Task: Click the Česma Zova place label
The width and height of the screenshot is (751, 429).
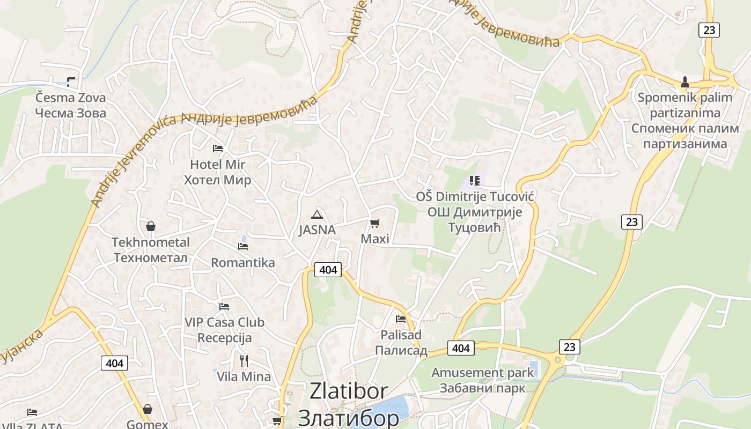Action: coord(70,106)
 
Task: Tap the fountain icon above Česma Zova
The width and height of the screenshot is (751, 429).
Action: coord(71,82)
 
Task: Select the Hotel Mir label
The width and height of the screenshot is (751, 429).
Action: coord(217,172)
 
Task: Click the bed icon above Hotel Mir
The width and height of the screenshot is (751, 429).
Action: coord(217,148)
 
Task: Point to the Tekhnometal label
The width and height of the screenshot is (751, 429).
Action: coord(151,250)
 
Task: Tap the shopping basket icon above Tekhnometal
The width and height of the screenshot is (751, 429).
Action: coord(151,226)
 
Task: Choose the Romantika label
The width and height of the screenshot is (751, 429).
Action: coord(243,263)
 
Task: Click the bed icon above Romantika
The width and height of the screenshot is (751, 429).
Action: coord(243,247)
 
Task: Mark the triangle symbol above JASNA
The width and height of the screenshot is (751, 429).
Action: coord(317,215)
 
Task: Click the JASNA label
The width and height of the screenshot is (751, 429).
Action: coord(317,230)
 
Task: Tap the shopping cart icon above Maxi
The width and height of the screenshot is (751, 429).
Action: coord(375,223)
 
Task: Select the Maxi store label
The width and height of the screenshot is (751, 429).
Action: coord(375,239)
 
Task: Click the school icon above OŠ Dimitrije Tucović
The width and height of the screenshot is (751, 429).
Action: coord(474,181)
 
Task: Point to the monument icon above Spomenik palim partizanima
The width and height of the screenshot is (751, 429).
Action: coord(684,82)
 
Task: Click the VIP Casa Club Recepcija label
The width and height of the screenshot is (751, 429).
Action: coord(224,330)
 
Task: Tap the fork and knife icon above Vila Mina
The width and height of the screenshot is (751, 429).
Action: coord(244,360)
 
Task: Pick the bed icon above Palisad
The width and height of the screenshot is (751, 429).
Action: coord(401,319)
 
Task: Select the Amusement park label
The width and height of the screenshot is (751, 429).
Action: coord(483,380)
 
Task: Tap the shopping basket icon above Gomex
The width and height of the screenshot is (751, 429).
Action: coord(148,410)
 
